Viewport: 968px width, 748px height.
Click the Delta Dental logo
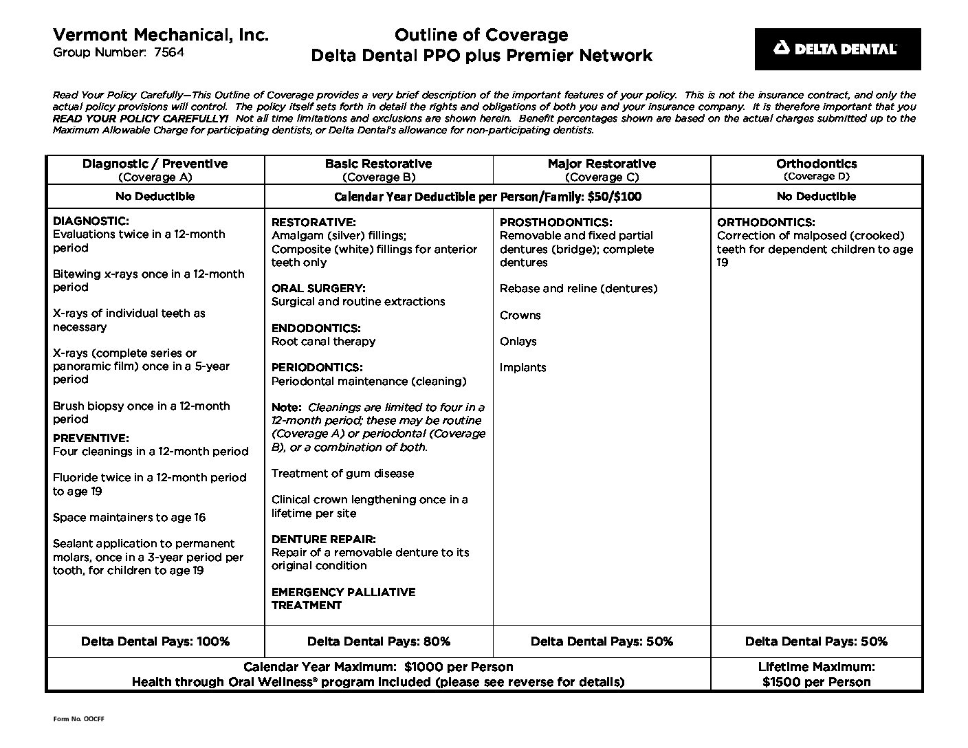837,49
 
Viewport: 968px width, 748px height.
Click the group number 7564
169,52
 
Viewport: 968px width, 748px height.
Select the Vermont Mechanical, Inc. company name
160,34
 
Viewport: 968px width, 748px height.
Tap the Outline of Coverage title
481,35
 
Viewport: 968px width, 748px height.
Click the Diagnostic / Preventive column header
155,164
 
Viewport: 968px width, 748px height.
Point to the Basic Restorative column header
378,164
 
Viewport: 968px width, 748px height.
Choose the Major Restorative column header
602,164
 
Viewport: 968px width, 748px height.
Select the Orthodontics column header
816,164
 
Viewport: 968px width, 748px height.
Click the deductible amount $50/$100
614,197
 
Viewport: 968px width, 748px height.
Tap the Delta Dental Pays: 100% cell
155,641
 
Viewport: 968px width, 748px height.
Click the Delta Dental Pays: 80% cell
378,641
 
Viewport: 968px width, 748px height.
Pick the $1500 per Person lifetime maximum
816,682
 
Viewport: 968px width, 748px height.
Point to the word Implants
522,367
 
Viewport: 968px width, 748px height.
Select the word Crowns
520,315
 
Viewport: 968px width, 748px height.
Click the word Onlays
518,341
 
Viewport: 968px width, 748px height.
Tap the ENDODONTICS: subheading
316,328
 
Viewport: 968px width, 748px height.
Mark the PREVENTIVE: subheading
91,438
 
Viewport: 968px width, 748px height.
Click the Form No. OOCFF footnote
78,719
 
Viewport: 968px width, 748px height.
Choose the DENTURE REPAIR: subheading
323,539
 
